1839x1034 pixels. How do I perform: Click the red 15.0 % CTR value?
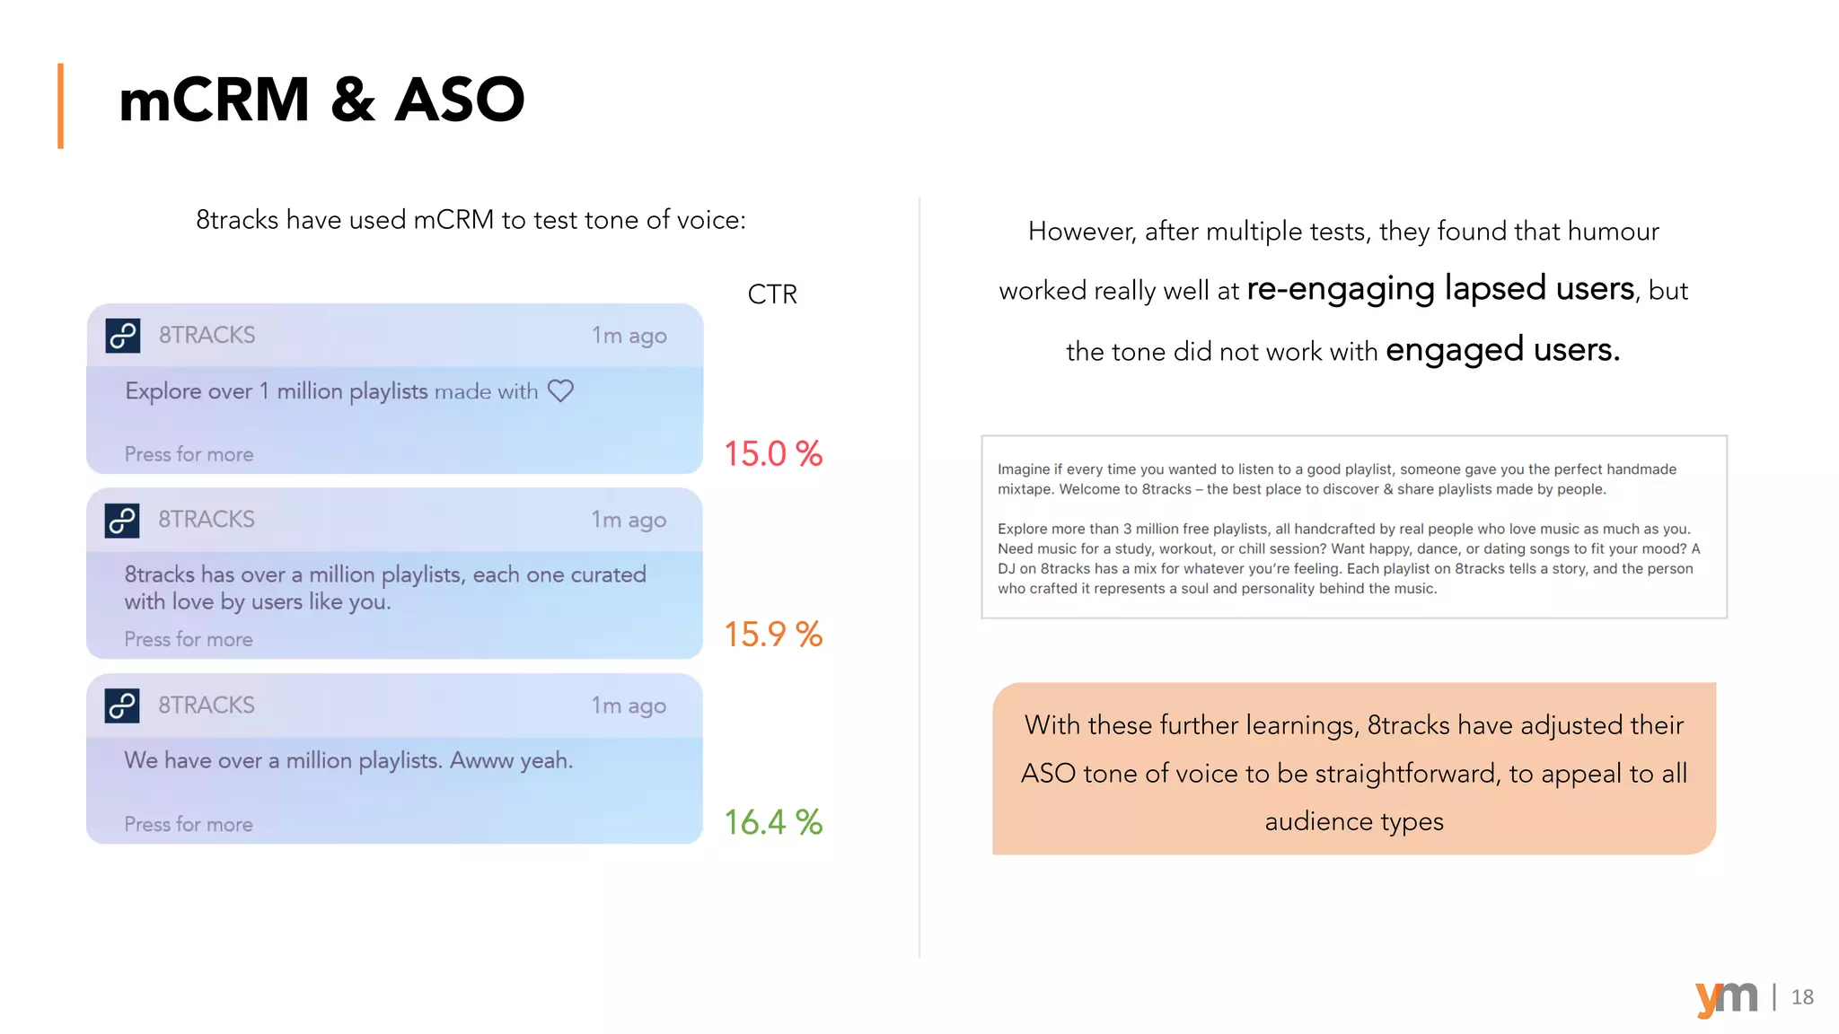773,454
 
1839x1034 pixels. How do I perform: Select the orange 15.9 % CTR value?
773,635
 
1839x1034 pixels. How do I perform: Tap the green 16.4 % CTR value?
773,822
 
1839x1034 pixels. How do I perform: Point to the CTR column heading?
772,294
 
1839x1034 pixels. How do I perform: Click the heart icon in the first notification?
560,391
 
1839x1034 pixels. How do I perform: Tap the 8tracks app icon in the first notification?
123,336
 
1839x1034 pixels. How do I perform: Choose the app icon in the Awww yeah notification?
123,705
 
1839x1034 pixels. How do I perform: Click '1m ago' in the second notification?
629,520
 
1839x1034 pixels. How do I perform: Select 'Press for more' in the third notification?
189,824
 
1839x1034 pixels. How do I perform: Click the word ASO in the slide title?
460,100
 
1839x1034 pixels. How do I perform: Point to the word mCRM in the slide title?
215,100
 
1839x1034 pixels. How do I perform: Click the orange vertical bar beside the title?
60,105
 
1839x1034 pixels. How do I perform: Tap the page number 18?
1802,997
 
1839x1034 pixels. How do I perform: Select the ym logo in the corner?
1726,997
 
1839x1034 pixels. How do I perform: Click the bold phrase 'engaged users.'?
1502,350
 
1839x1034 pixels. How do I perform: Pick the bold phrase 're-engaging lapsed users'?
1440,289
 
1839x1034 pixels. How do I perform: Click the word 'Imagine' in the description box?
1024,469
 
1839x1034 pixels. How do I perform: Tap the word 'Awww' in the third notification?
481,760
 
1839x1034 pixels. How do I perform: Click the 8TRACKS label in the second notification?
207,520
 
